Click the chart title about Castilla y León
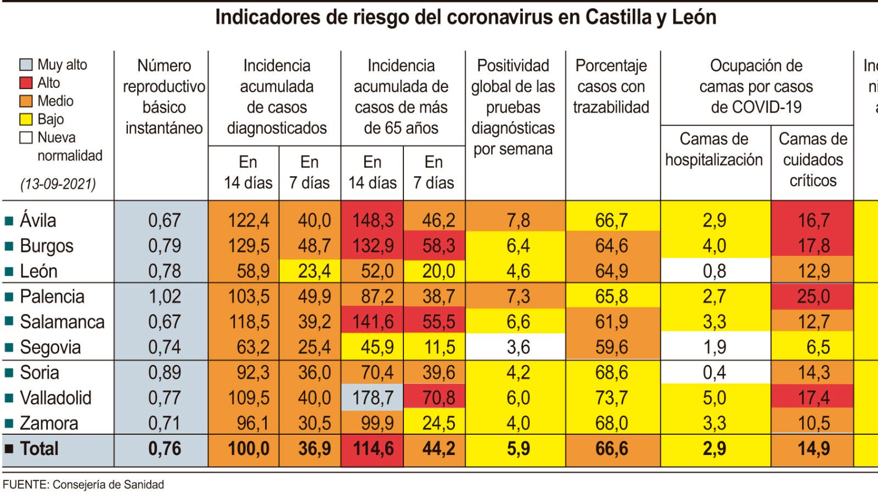click(465, 18)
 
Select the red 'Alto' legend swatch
click(26, 83)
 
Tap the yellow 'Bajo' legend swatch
click(26, 119)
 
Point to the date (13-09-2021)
click(58, 183)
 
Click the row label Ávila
click(38, 220)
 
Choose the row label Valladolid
click(55, 397)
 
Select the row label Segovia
click(50, 347)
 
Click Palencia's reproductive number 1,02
click(165, 296)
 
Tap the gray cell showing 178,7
click(373, 397)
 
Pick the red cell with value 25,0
click(813, 296)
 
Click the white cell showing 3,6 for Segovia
click(517, 347)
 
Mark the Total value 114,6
click(373, 448)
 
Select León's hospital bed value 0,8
click(714, 271)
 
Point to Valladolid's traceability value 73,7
click(612, 397)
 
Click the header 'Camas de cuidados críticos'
click(813, 159)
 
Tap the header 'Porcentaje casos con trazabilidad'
click(611, 86)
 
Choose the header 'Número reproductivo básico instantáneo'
click(164, 97)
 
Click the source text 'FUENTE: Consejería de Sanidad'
click(83, 485)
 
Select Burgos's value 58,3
click(438, 245)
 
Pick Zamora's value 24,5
click(438, 423)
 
